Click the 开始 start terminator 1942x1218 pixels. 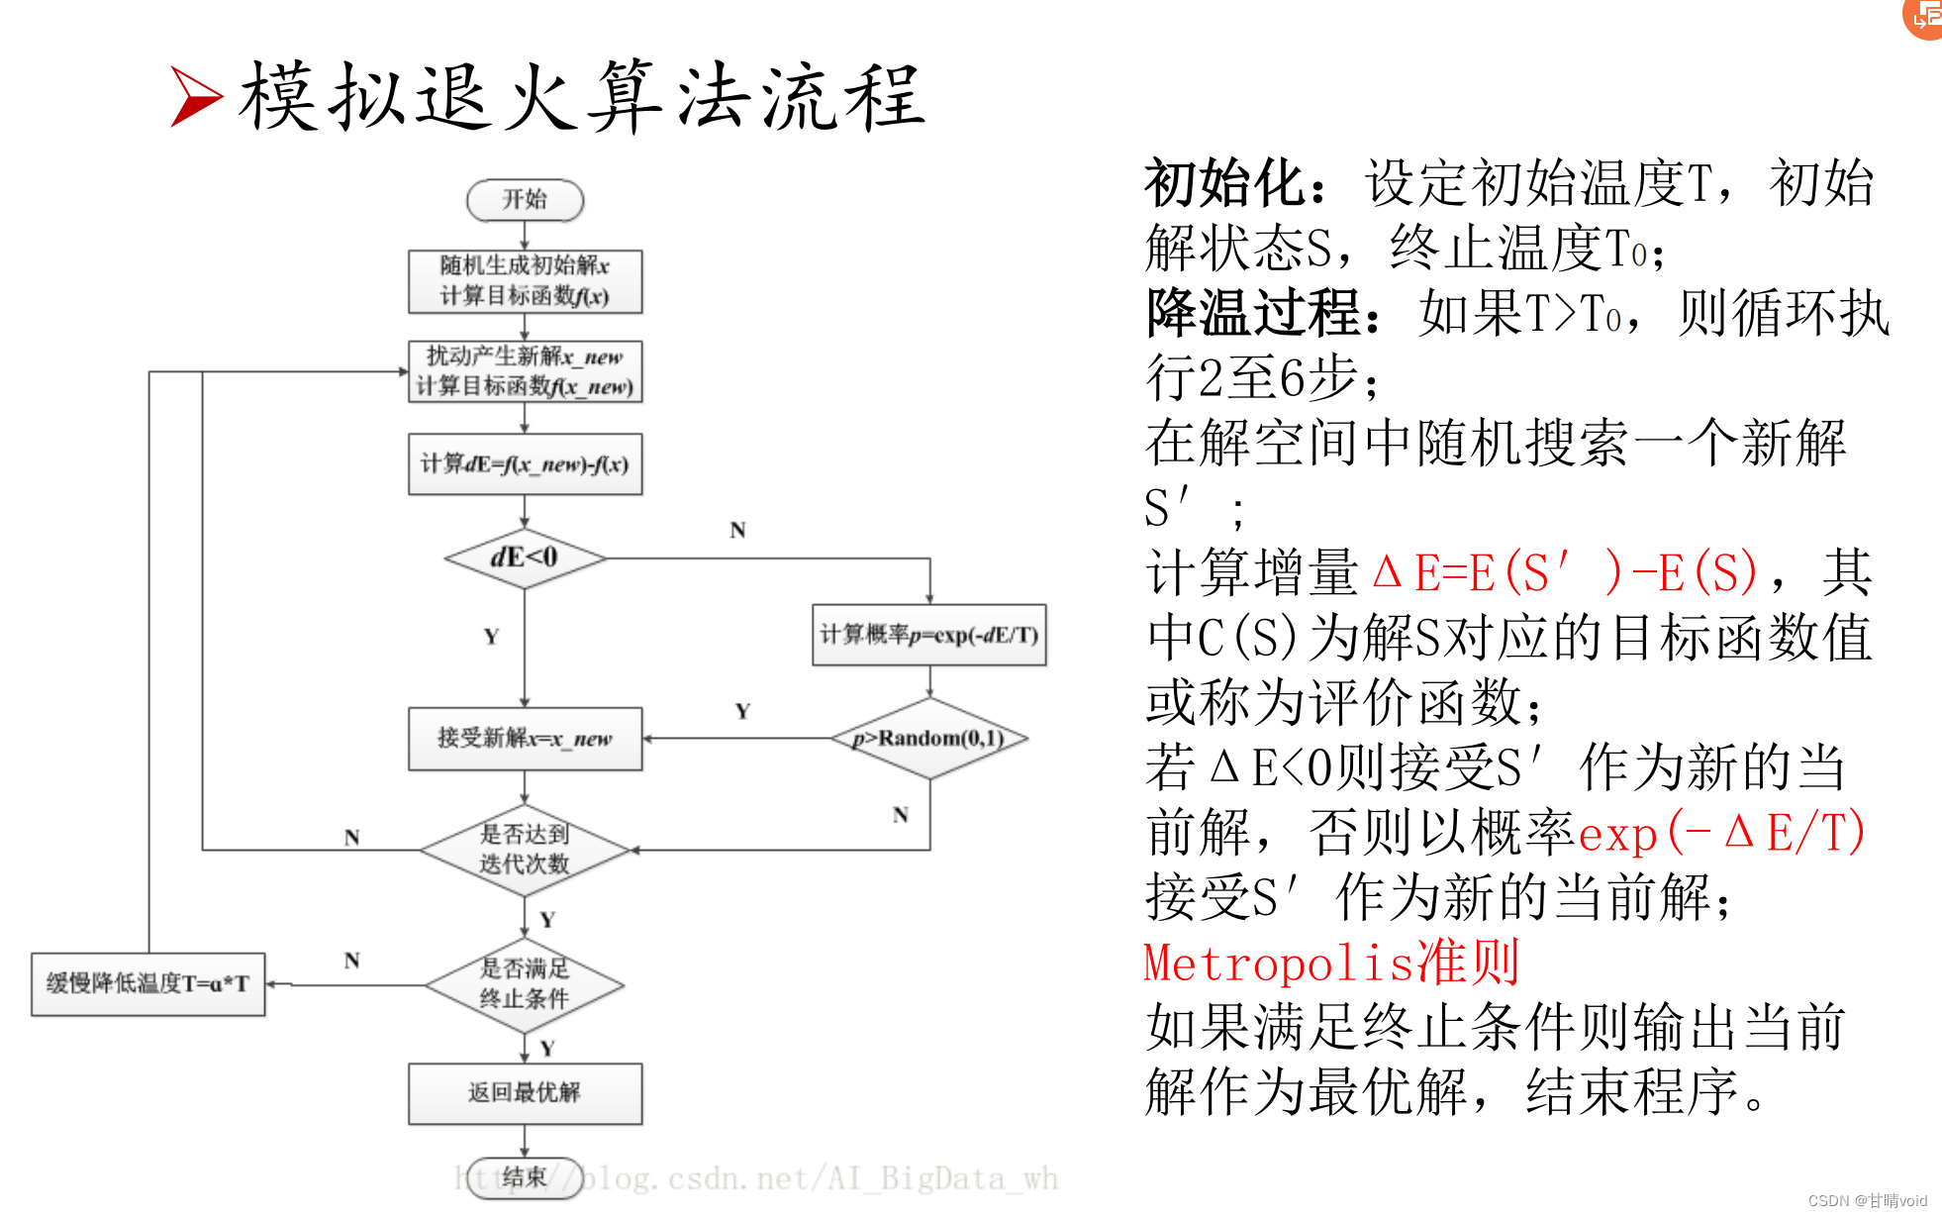click(x=525, y=200)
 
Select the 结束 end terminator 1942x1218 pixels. click(x=525, y=1177)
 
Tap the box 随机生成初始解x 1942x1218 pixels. click(x=525, y=281)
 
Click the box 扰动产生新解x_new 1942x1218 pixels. click(x=525, y=371)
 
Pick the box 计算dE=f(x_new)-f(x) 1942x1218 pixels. click(x=525, y=463)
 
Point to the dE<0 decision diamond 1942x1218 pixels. click(x=525, y=558)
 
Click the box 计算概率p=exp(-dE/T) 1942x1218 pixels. click(x=928, y=635)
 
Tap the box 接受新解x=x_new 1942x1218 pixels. click(x=525, y=739)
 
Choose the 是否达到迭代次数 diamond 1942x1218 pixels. click(x=525, y=850)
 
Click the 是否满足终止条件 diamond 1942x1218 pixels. click(x=525, y=984)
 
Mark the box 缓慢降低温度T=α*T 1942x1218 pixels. click(x=148, y=984)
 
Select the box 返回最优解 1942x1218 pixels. click(x=525, y=1093)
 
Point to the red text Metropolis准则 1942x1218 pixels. click(x=1331, y=963)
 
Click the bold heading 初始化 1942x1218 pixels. click(x=1224, y=183)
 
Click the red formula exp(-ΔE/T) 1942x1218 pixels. click(x=1722, y=832)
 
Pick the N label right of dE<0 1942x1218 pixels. click(x=737, y=531)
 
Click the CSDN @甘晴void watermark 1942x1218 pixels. click(x=1867, y=1201)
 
